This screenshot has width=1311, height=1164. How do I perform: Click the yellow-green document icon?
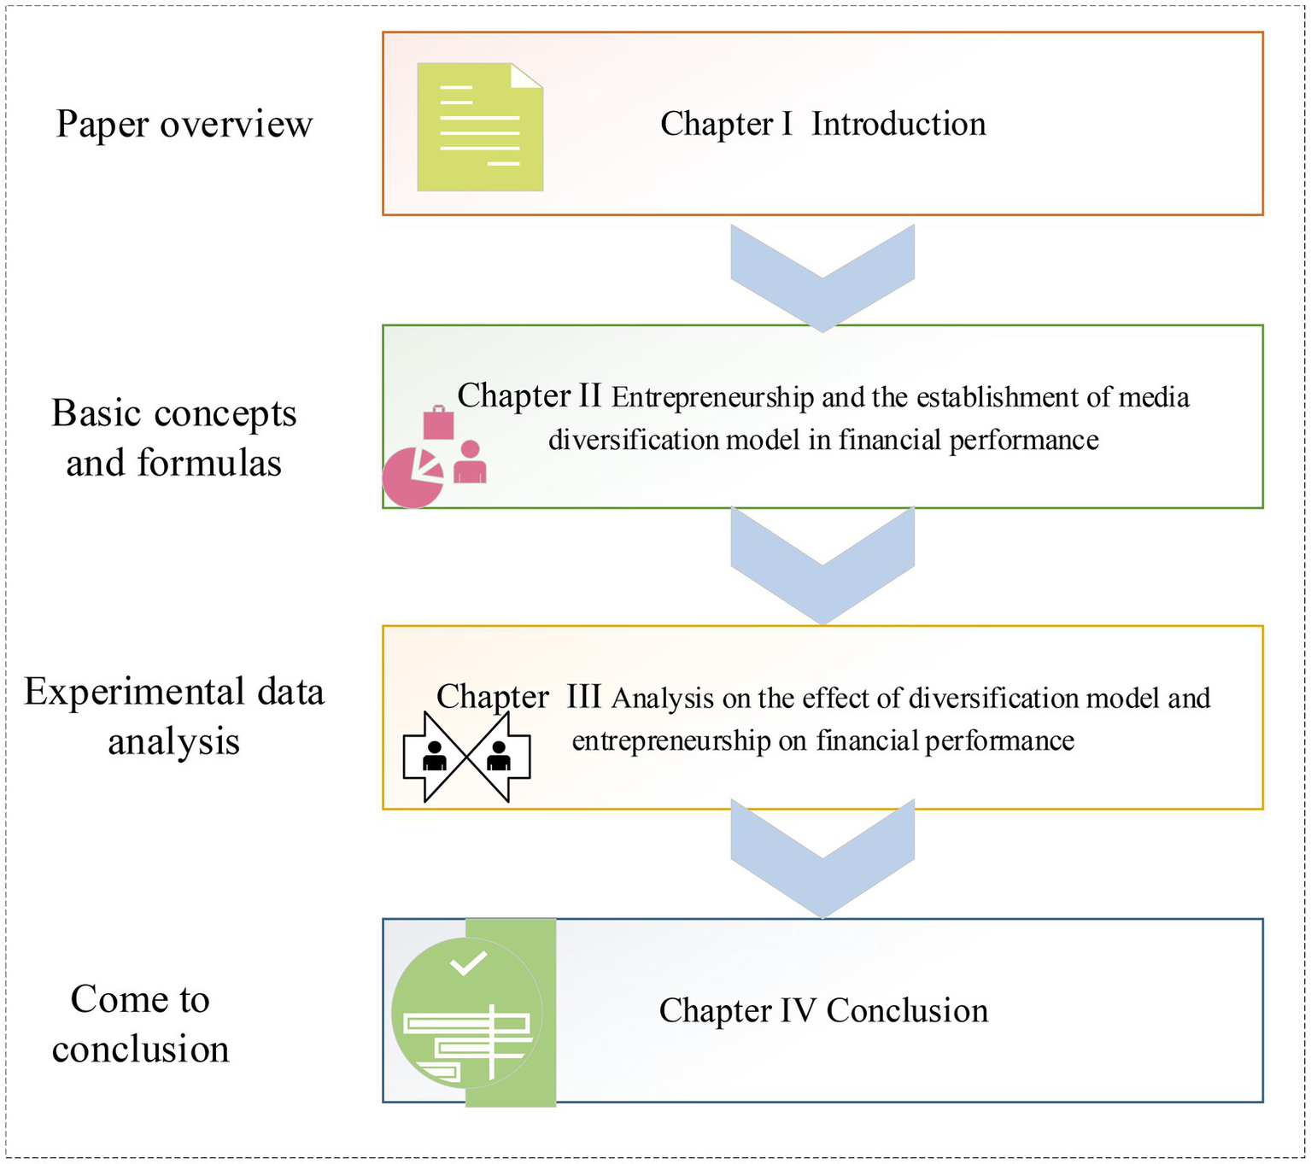point(479,126)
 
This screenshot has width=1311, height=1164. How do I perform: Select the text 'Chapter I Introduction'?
point(823,124)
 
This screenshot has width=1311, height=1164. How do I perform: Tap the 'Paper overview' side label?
point(184,124)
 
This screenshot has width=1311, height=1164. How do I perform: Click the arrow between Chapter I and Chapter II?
point(822,278)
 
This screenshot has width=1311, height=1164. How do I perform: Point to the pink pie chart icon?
point(413,477)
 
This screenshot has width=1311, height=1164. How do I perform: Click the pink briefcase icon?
point(438,423)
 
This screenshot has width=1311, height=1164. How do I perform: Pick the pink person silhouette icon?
point(470,462)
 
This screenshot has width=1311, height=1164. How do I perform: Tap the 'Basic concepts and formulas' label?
point(173,438)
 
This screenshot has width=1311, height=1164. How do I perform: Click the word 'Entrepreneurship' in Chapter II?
point(712,398)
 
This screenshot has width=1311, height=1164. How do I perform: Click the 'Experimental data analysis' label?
point(174,717)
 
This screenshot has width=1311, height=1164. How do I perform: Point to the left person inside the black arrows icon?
point(434,755)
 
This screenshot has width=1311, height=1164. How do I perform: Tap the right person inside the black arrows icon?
point(498,755)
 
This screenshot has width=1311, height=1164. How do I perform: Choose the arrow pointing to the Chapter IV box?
point(822,858)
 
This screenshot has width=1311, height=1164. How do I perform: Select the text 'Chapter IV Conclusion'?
point(823,1010)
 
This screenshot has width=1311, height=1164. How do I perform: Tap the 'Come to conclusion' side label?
point(140,1024)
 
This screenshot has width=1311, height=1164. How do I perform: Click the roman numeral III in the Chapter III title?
point(583,696)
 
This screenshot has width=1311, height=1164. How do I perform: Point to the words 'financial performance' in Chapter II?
point(969,441)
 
